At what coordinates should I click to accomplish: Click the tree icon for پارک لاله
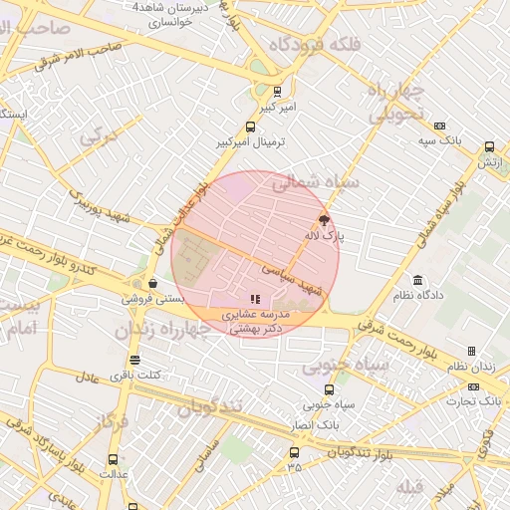tap(323, 220)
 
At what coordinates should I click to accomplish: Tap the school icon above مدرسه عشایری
tap(255, 298)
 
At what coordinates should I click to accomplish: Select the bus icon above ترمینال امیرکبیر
tap(250, 127)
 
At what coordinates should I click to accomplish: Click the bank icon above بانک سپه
tap(439, 126)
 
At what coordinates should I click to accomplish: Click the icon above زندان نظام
tap(471, 351)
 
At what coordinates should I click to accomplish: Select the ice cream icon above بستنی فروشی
tap(151, 283)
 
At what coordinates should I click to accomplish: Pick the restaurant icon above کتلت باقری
tap(134, 360)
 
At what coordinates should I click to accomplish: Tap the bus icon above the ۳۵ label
tap(293, 450)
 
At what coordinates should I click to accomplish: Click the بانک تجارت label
tap(477, 401)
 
